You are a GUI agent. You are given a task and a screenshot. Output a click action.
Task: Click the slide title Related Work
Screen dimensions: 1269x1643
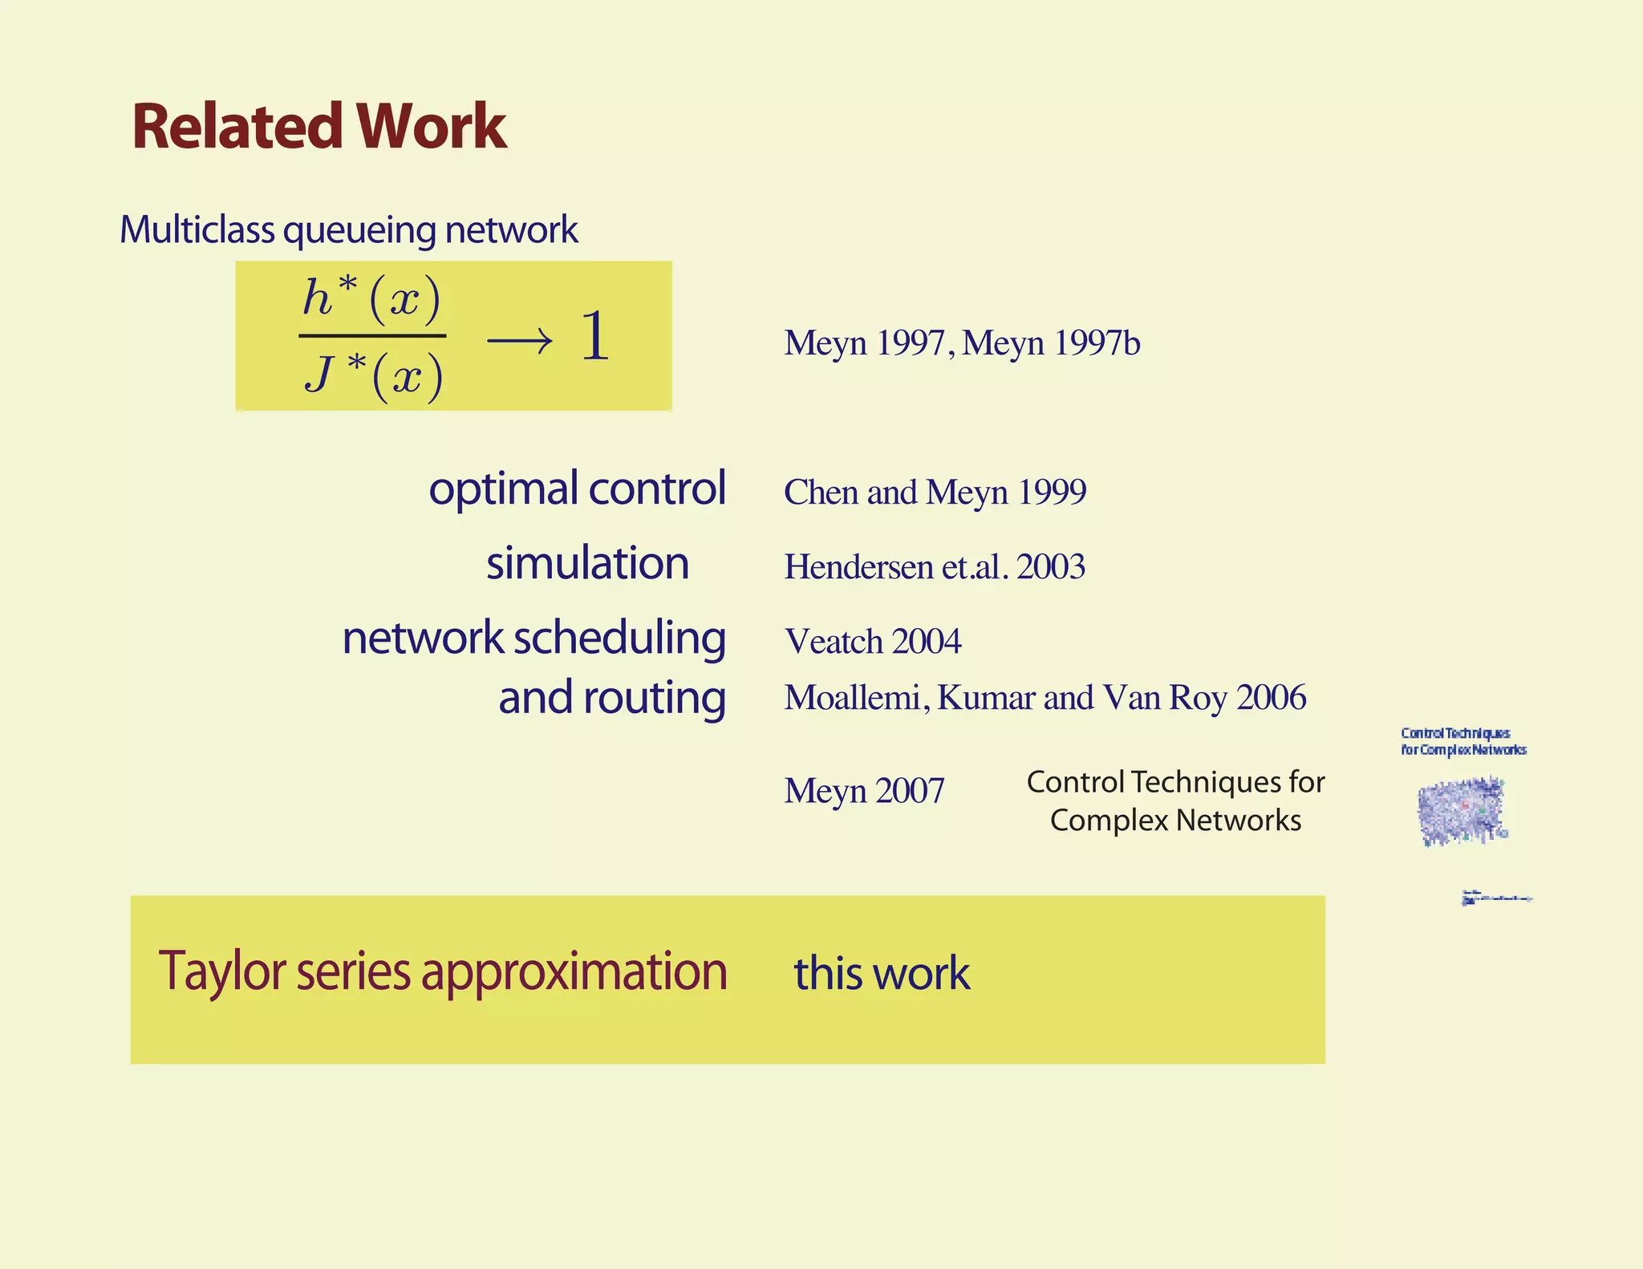point(319,126)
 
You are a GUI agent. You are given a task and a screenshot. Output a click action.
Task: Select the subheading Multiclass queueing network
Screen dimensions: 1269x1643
point(348,230)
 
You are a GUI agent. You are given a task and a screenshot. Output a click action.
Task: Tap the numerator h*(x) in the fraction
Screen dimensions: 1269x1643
point(371,298)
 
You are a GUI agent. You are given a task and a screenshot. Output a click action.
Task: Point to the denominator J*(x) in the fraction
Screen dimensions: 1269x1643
point(373,375)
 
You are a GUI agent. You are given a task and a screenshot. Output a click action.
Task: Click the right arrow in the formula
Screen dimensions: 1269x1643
point(519,341)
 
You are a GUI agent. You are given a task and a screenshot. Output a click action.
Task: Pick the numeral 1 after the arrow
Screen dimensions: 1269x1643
point(594,336)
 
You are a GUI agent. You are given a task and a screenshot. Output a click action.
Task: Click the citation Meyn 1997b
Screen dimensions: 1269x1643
point(1050,343)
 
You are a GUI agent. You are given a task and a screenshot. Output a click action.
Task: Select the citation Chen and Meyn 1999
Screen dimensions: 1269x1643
point(935,492)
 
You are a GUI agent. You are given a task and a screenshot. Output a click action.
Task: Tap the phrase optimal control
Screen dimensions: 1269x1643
point(577,489)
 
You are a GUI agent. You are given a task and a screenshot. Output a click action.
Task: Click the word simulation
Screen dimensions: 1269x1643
point(587,563)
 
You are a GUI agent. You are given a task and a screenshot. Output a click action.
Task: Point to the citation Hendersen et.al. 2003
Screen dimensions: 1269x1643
point(935,567)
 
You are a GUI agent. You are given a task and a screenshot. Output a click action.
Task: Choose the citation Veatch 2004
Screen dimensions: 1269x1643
point(872,642)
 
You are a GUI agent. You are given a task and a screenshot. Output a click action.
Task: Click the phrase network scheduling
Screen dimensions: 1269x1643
point(533,639)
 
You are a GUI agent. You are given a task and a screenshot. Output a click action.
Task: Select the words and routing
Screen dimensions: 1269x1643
point(611,698)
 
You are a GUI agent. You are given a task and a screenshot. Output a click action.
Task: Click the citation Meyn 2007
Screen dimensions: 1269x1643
point(864,791)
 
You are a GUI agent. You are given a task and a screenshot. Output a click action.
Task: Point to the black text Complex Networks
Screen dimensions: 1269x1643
point(1175,821)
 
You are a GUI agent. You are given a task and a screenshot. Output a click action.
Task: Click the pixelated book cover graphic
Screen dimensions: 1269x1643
point(1462,811)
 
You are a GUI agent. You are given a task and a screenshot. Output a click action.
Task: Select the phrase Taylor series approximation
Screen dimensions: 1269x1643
point(442,971)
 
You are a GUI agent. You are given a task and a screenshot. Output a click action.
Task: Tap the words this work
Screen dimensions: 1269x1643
point(882,973)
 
